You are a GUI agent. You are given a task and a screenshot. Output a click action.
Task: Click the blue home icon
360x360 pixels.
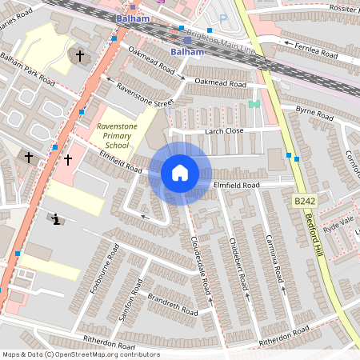(180, 172)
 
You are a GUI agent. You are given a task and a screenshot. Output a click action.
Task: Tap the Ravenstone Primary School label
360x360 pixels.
(113, 136)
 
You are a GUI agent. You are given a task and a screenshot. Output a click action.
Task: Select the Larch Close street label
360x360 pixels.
(223, 130)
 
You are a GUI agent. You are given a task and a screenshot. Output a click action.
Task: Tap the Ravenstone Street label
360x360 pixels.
(144, 94)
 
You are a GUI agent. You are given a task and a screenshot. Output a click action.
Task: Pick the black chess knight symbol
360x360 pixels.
(56, 218)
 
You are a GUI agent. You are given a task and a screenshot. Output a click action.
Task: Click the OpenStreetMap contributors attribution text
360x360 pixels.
(80, 354)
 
